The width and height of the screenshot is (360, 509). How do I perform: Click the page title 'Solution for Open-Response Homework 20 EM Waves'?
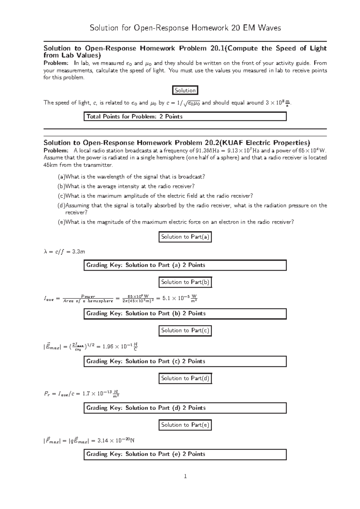(185, 28)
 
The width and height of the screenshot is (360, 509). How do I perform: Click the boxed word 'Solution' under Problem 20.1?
(185, 90)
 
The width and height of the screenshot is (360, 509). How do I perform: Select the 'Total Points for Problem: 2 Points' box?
(185, 117)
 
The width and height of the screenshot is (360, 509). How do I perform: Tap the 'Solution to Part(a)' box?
(185, 237)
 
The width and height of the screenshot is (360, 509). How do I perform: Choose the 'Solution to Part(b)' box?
(185, 282)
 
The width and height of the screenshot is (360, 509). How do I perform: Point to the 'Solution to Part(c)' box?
(185, 330)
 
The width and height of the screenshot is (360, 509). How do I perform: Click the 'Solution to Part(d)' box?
(185, 378)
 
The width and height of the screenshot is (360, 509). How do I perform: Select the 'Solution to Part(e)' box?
(185, 425)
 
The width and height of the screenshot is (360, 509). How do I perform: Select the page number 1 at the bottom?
(185, 476)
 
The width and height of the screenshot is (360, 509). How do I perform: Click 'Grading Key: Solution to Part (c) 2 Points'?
(185, 362)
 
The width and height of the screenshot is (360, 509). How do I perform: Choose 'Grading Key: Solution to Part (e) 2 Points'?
(185, 454)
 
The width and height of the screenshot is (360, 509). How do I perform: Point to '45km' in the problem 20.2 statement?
(50, 165)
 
